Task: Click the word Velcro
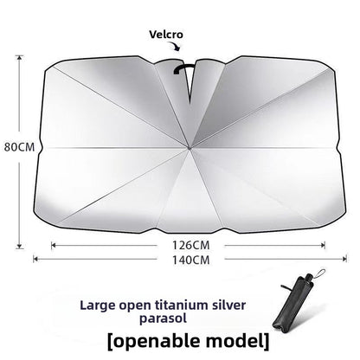pos(166,35)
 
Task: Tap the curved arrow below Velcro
pos(175,46)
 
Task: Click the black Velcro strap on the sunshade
pos(183,69)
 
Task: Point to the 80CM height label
pos(19,147)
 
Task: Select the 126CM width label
pos(191,246)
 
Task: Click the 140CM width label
pos(191,260)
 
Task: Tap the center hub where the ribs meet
pos(190,148)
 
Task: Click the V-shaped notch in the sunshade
pos(190,82)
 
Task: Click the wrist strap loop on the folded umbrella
pos(319,275)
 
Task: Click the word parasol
pos(163,318)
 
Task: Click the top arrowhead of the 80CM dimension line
pos(19,57)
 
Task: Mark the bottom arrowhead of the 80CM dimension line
pos(19,246)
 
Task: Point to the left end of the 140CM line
pos(34,259)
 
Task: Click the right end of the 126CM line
pos(325,246)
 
